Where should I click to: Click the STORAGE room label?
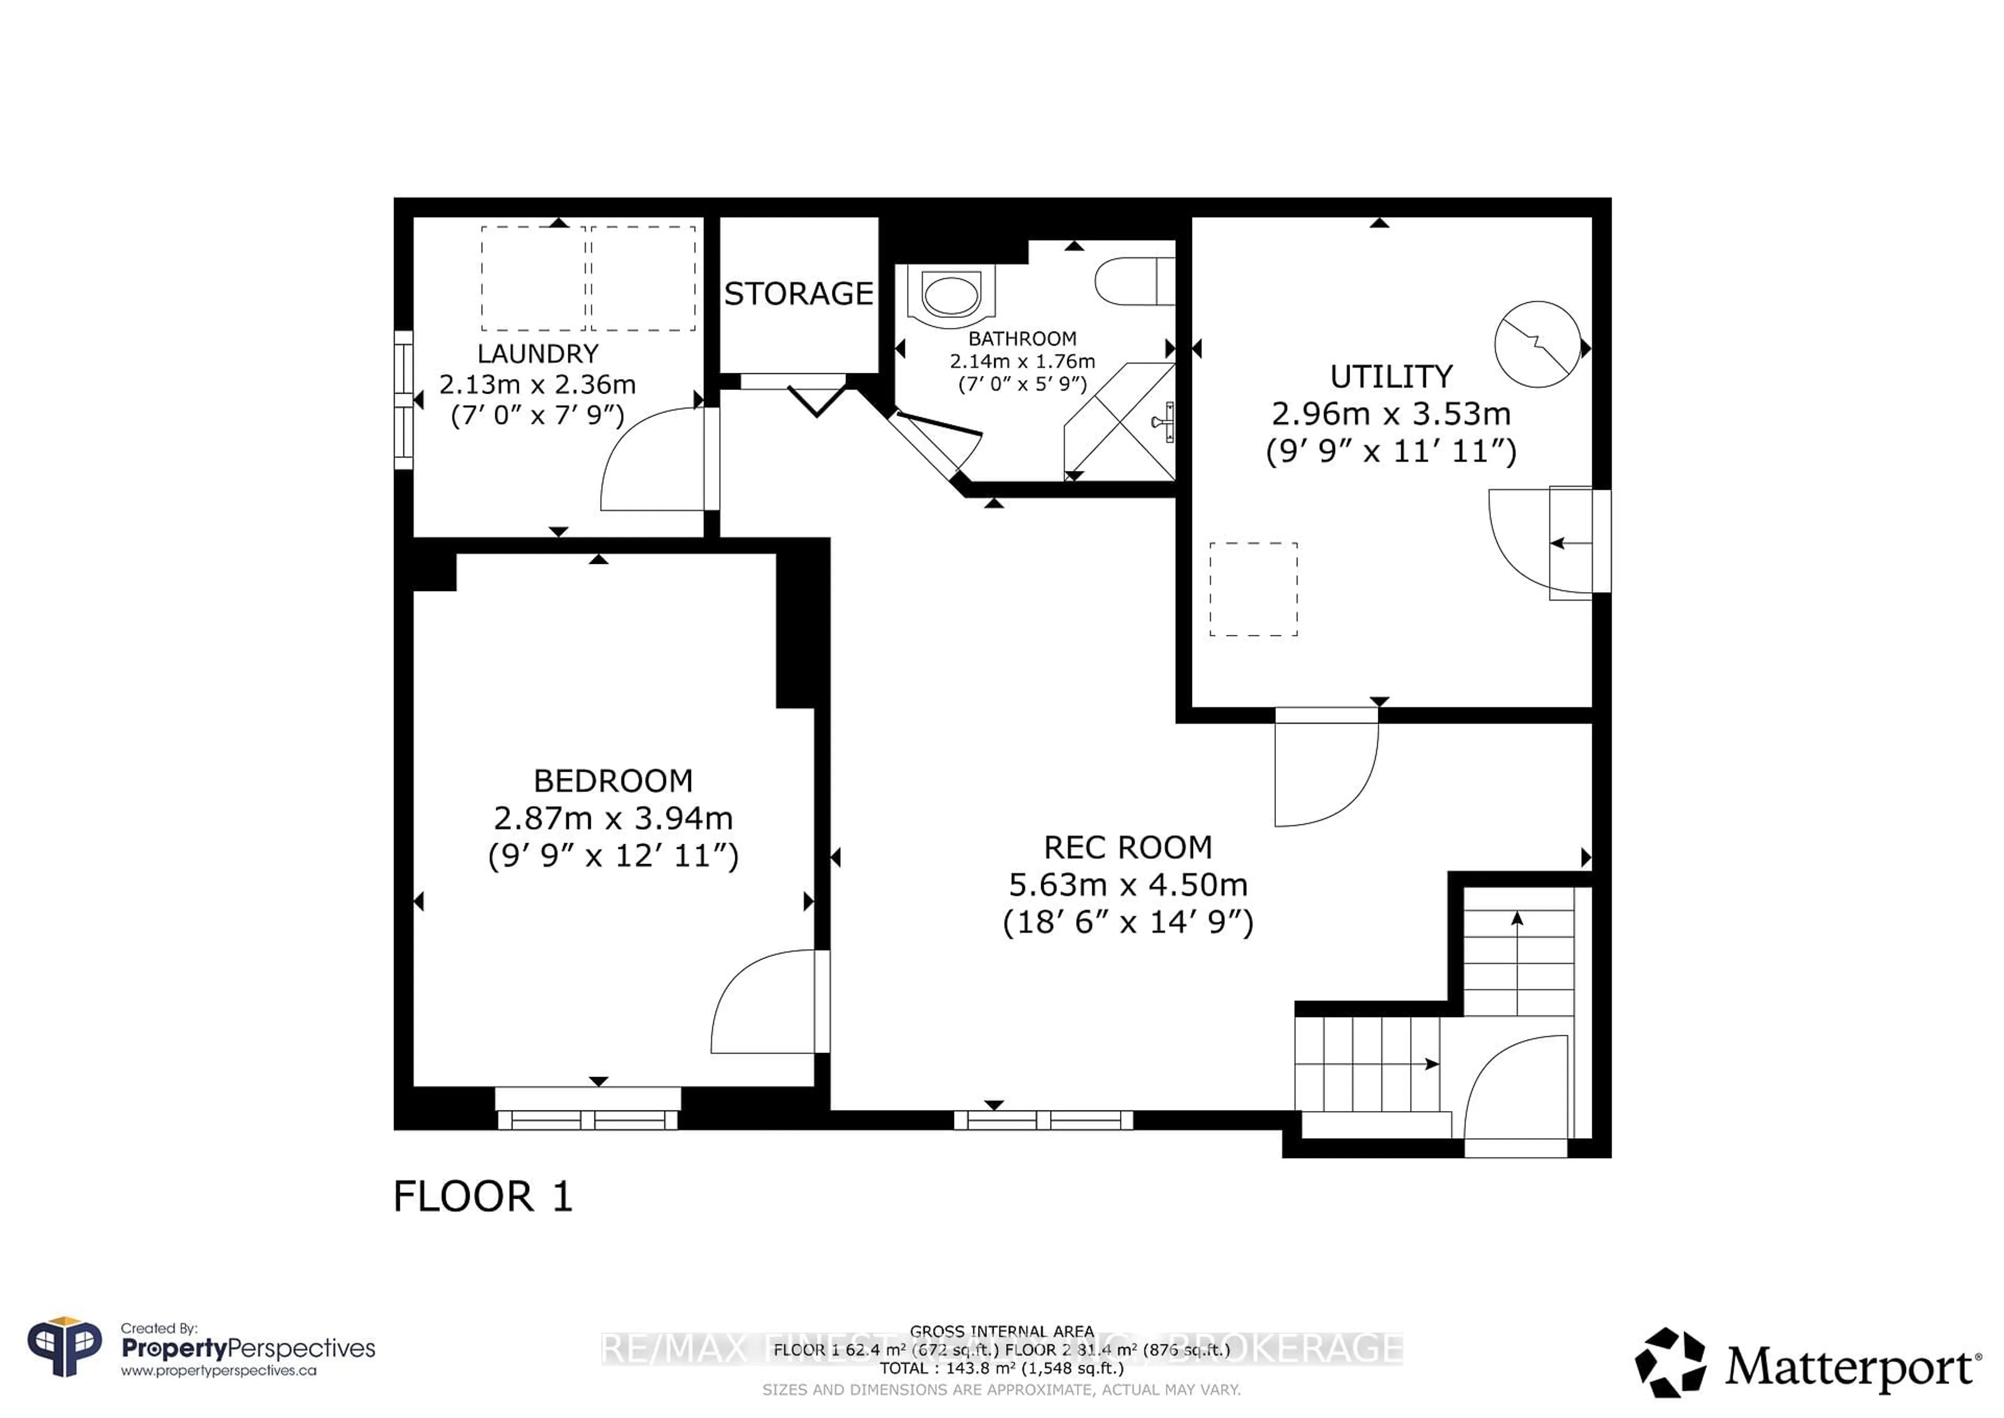pos(798,293)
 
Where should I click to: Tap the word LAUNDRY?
pos(538,353)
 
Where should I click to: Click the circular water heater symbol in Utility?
pos(1537,344)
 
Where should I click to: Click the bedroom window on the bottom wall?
pos(588,1118)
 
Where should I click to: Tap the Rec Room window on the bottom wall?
pos(1043,1119)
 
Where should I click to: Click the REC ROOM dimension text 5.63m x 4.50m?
pos(1128,884)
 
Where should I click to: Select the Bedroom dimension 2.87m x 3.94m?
pos(613,818)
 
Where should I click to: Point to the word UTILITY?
pos(1390,376)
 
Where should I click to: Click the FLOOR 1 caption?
pos(483,1196)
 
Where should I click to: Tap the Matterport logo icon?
pos(1669,1362)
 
